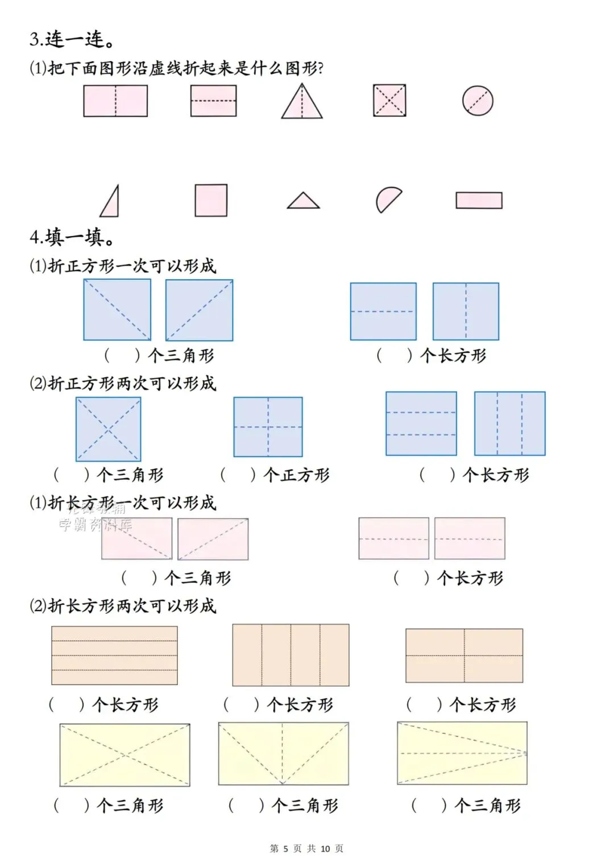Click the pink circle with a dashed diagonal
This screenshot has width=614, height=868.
tap(477, 101)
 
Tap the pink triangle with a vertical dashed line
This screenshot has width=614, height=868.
tap(302, 103)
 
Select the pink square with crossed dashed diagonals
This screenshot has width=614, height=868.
tap(389, 101)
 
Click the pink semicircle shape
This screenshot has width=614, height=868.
tap(388, 200)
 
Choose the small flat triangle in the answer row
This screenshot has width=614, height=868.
tap(303, 201)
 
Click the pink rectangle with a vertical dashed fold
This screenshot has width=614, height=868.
tap(115, 101)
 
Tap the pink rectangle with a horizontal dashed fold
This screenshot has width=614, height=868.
tap(213, 101)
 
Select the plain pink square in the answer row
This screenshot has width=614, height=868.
tap(211, 200)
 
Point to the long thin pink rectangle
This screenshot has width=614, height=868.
tap(479, 201)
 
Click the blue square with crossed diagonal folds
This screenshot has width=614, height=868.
tap(108, 429)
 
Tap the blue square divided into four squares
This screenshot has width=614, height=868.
tap(268, 427)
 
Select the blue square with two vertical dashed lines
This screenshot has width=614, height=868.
tap(509, 423)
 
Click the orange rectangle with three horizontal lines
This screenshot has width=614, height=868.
tap(114, 655)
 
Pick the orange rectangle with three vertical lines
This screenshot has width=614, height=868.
tap(291, 655)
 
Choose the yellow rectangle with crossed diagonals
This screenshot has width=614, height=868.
tap(125, 754)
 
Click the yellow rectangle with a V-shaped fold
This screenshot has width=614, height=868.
tap(283, 754)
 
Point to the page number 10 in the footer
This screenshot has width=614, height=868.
tap(325, 849)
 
